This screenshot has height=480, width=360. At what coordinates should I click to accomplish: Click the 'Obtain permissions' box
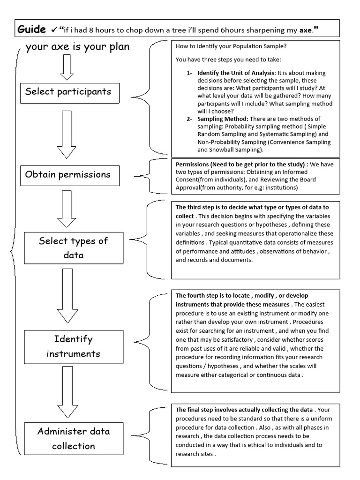click(68, 174)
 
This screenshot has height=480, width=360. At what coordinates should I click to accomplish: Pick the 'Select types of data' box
click(73, 248)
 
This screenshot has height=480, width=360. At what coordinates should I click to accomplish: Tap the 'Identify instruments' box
click(73, 346)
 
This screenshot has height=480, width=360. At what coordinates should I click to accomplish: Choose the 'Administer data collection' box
click(73, 438)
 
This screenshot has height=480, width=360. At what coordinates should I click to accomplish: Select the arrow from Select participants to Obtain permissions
click(67, 134)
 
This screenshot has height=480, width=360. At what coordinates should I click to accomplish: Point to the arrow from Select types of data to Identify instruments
click(67, 296)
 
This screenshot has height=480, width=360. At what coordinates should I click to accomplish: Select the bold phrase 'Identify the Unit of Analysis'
click(237, 73)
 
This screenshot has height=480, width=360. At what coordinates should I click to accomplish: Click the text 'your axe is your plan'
click(78, 47)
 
